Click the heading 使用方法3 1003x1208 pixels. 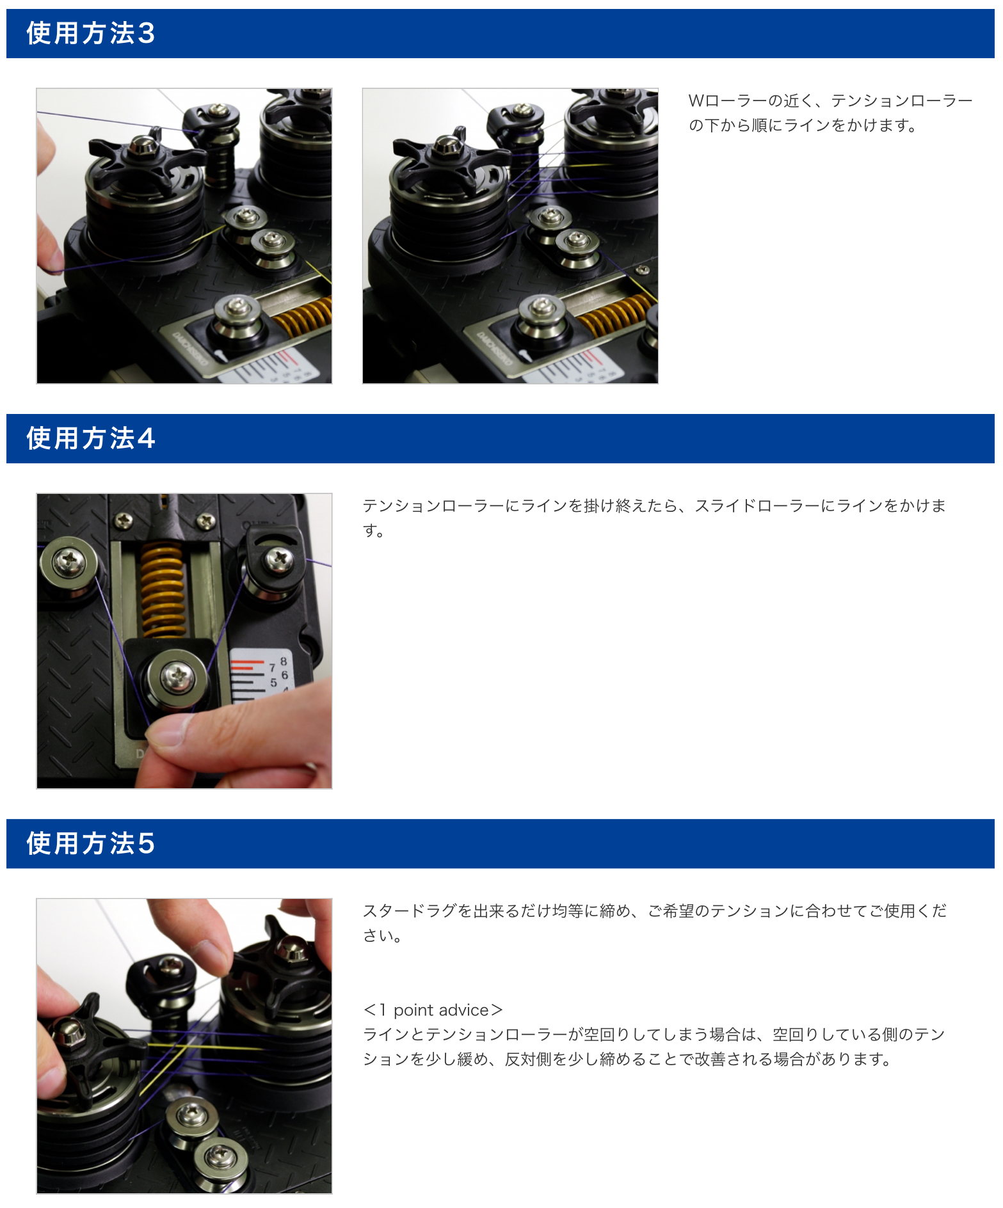tap(90, 33)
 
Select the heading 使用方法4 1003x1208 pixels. tap(90, 438)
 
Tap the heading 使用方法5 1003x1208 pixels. tap(90, 843)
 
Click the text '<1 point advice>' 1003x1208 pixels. tap(433, 1010)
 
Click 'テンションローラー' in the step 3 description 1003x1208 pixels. tap(902, 100)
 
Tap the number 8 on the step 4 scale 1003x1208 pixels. tap(284, 661)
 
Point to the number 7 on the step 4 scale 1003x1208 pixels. tap(272, 668)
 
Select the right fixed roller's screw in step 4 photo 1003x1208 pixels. tap(279, 560)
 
